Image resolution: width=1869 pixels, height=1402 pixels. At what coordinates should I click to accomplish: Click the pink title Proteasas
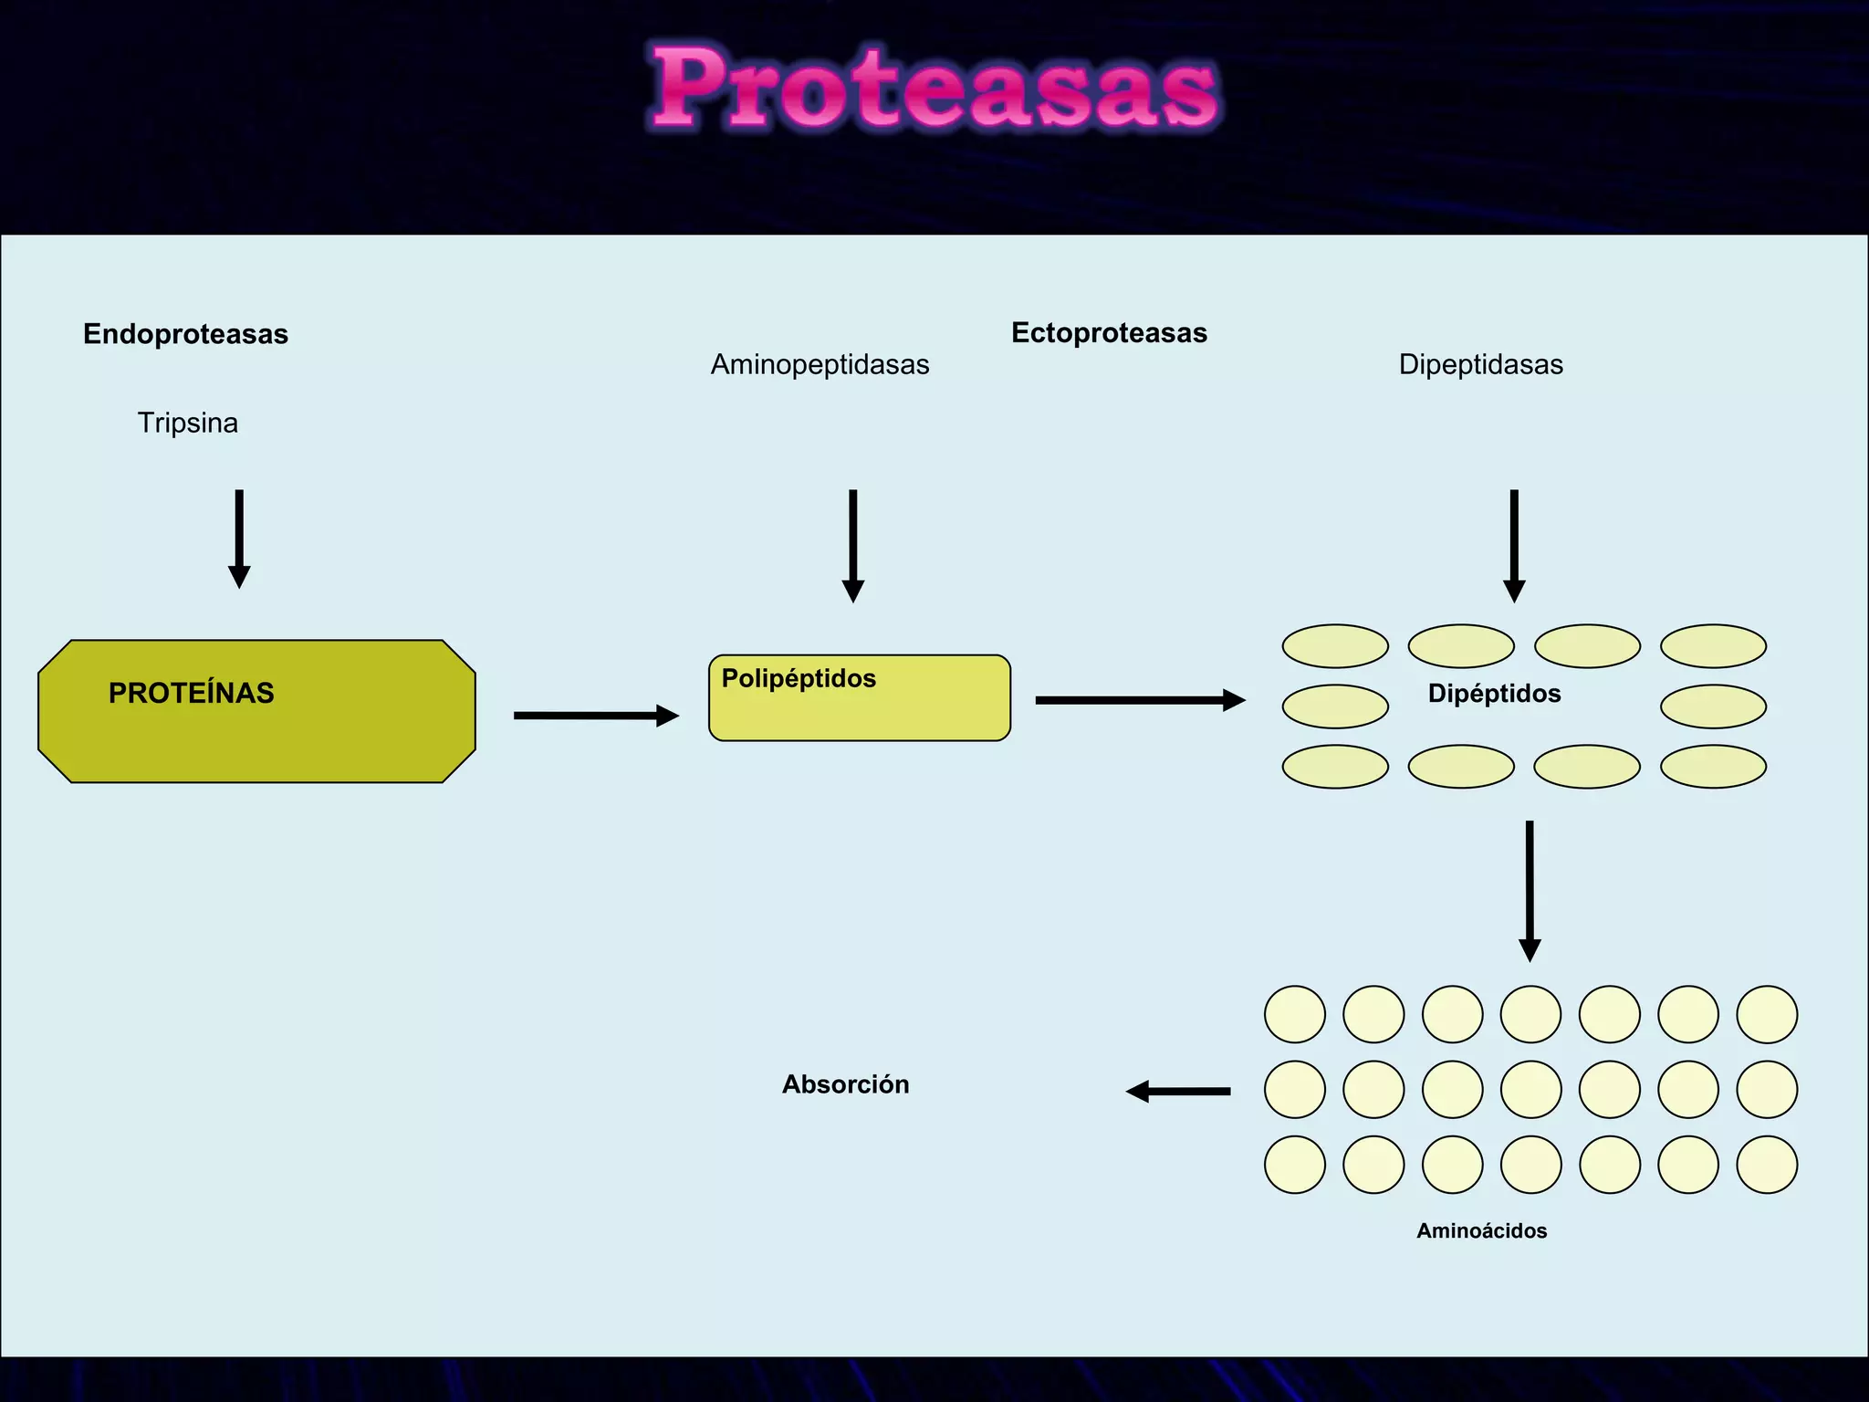pos(934,89)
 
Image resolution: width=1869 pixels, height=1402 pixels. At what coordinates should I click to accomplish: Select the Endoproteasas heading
pos(185,334)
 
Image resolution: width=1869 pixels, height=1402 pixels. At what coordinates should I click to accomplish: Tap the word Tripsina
pos(187,423)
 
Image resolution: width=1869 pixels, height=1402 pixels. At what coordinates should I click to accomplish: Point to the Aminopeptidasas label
pos(820,364)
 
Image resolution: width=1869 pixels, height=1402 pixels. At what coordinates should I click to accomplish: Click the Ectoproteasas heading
pos(1109,333)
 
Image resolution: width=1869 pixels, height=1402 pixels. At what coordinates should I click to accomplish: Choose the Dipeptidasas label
pos(1480,364)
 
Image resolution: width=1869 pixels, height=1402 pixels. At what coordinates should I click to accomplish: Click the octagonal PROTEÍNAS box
pos(256,711)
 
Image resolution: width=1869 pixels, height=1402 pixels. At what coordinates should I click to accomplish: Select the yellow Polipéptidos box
pos(859,698)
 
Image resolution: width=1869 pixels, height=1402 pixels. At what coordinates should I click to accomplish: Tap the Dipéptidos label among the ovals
pos(1494,694)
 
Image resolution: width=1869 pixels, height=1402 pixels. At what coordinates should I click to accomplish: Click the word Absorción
pos(845,1084)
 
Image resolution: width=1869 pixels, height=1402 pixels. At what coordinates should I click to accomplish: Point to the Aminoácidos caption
pos(1481,1230)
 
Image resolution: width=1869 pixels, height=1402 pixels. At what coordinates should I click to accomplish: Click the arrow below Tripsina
pos(239,539)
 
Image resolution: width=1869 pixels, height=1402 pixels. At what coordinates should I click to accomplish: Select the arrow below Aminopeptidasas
pos(852,545)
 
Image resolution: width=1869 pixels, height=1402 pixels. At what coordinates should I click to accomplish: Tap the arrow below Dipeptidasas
pos(1514,545)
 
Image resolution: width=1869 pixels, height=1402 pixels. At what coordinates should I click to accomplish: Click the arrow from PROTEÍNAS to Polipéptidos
pos(596,716)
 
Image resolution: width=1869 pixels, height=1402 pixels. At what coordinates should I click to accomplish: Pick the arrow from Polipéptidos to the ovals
pos(1140,700)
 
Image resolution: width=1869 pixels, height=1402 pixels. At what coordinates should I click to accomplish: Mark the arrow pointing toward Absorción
pos(1178,1091)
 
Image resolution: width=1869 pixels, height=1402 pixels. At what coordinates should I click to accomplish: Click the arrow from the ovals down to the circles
pos(1530,890)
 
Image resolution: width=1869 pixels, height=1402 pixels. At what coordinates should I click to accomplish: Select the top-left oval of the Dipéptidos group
pos(1335,646)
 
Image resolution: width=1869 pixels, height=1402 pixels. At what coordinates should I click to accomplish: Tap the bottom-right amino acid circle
pos(1767,1165)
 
